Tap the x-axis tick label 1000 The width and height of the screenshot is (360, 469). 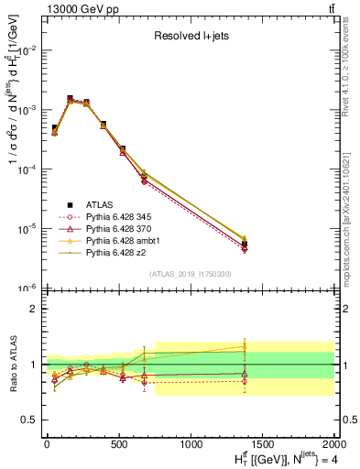[x=191, y=444]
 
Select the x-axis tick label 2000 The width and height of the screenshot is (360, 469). [x=333, y=444]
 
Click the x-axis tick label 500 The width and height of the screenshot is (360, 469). [x=118, y=444]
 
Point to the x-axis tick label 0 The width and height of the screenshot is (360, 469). [x=47, y=444]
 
